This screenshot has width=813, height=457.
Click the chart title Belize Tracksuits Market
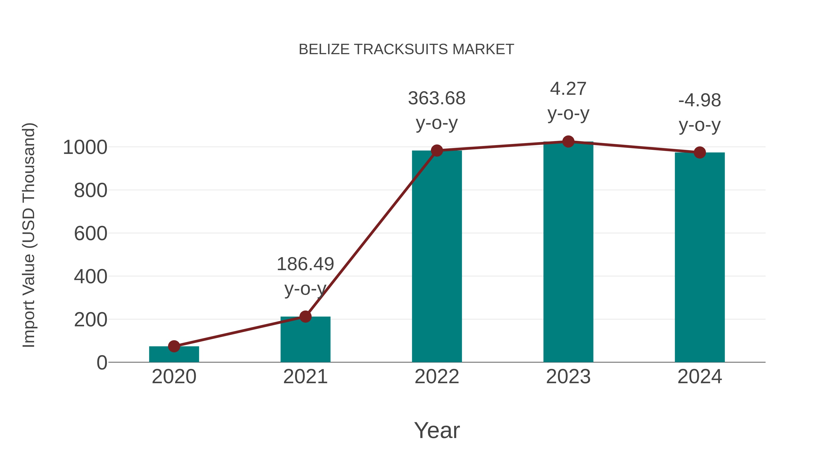(x=406, y=49)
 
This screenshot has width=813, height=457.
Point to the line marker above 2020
(x=174, y=346)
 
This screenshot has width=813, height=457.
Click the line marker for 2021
(x=305, y=316)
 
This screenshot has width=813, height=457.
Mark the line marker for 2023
(x=568, y=142)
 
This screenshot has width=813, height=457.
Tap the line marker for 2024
(x=700, y=153)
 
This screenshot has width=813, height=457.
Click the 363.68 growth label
(x=437, y=98)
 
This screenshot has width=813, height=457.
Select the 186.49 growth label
(x=305, y=264)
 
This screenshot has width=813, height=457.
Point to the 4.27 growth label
(x=568, y=89)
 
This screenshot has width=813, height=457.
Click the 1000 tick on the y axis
(x=85, y=147)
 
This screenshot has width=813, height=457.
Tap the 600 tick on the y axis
(x=91, y=234)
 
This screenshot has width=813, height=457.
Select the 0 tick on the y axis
(x=102, y=363)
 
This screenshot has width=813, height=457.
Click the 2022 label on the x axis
(x=437, y=377)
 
